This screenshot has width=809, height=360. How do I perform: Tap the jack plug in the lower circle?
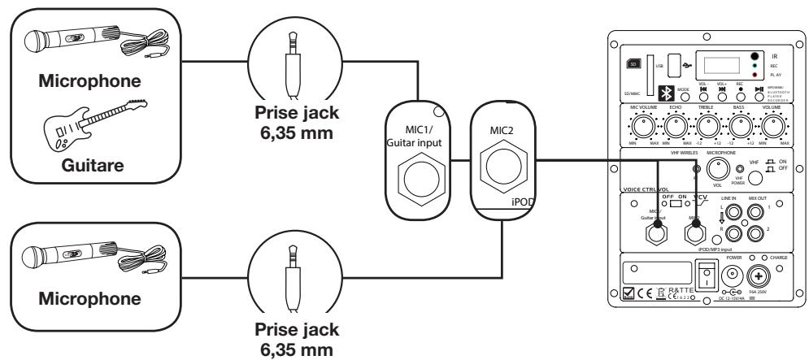[292, 276]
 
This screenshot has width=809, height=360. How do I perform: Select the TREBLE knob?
[710, 127]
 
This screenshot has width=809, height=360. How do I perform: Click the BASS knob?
[742, 127]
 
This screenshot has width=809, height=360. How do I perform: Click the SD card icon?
[633, 63]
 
